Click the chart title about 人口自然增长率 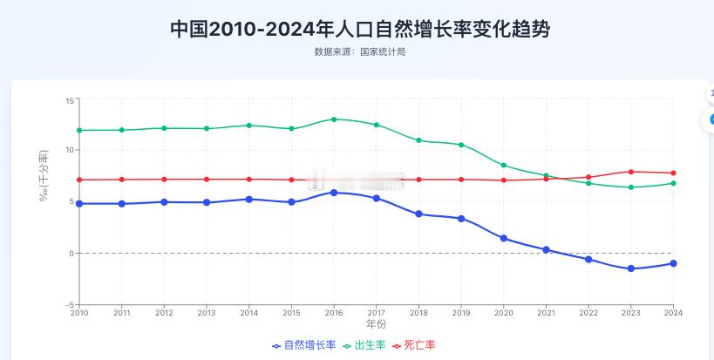point(360,29)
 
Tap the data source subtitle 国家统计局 point(360,52)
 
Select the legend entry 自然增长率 point(304,345)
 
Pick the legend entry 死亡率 point(417,345)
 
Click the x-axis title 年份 point(376,324)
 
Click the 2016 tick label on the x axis point(333,312)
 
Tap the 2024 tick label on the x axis point(672,312)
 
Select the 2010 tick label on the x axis point(79,312)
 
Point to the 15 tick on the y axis point(70,100)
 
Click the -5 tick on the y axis point(68,304)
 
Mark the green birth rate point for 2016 point(333,119)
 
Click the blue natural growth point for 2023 point(630,268)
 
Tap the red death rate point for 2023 point(630,172)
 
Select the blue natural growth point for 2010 point(79,203)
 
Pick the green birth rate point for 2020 point(503,165)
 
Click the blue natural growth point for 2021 point(546,249)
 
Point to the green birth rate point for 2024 point(672,183)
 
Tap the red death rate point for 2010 point(79,180)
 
